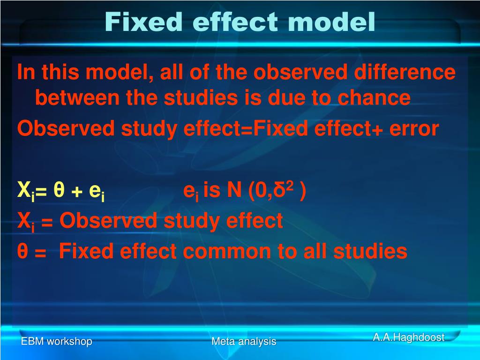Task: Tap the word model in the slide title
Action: click(332, 22)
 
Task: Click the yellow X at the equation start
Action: click(23, 190)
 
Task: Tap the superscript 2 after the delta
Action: click(290, 187)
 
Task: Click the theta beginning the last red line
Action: click(22, 252)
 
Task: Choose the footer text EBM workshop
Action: click(56, 341)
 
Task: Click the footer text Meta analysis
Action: click(244, 341)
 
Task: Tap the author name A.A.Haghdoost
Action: click(408, 337)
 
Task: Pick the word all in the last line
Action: click(315, 252)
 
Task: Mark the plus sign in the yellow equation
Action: click(76, 191)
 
